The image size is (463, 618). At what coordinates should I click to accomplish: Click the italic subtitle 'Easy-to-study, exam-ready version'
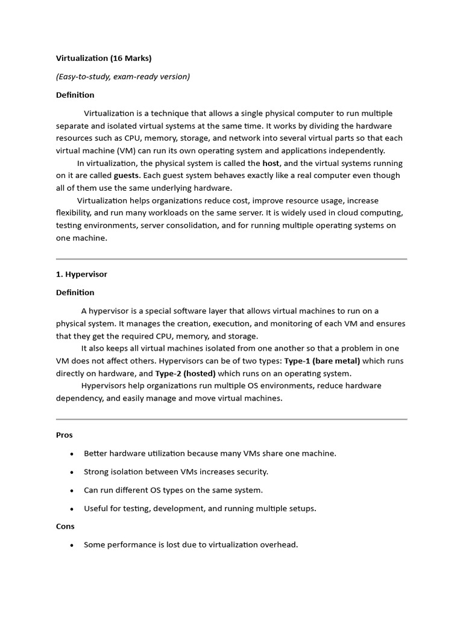123,77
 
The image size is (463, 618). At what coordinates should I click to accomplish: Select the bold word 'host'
271,164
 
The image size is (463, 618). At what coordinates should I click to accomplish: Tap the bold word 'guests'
127,176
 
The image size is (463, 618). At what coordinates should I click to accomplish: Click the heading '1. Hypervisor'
81,274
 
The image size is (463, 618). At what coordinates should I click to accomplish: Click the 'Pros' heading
65,435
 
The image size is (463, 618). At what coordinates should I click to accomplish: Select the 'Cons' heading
65,526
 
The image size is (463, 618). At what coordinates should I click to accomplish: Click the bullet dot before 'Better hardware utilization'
72,454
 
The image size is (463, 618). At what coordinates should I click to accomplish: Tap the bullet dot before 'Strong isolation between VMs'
72,472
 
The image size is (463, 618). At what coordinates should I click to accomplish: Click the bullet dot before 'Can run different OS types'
72,491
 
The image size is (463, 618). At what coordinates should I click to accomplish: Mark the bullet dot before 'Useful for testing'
72,509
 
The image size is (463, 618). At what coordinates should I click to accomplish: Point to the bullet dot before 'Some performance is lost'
72,545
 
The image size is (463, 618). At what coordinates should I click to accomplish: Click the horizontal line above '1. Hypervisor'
231,259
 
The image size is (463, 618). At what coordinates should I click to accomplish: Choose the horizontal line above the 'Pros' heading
231,419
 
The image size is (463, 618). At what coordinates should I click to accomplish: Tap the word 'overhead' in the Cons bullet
278,545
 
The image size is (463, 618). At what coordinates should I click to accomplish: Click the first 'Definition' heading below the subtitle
75,95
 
